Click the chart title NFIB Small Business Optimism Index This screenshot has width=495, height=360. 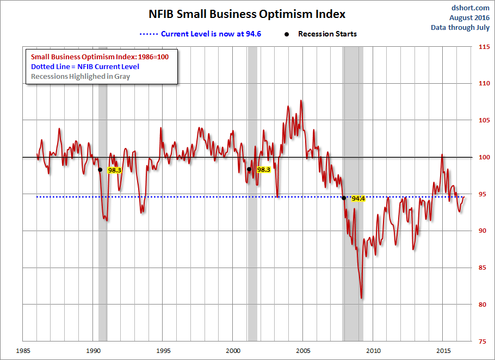[247, 14]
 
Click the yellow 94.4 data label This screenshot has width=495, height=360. [358, 199]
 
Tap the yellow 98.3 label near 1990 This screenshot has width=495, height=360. [114, 170]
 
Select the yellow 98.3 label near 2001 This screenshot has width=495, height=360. [263, 170]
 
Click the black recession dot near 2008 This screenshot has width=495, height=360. [344, 198]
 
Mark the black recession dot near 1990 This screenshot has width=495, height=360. [100, 170]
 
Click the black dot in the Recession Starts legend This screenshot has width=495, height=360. [287, 34]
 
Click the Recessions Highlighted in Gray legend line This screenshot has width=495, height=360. [81, 76]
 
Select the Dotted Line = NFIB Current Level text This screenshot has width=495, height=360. [85, 66]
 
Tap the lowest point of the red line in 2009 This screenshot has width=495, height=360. [362, 298]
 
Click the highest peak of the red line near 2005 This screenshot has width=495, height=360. [301, 101]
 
